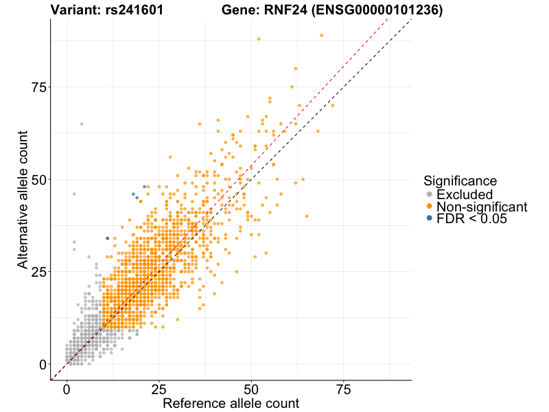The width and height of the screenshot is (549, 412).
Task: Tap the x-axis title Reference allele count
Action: [x=231, y=403]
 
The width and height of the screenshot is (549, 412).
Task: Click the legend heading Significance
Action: [x=460, y=181]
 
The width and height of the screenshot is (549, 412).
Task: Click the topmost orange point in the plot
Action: [x=321, y=35]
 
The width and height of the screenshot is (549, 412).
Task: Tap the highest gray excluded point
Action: [x=82, y=124]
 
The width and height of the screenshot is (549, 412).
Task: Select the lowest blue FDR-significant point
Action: [x=107, y=238]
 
